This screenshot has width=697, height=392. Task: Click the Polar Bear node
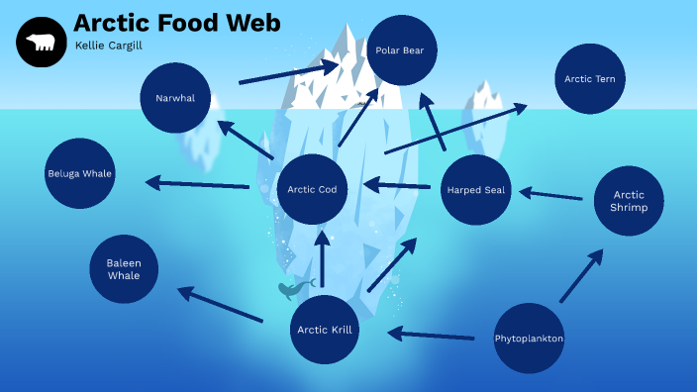point(400,50)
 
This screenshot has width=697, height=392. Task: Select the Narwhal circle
point(175,98)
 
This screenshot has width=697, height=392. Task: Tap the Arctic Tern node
point(590,79)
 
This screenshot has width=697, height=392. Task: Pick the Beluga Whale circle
point(80,174)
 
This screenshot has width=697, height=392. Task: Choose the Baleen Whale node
point(124,269)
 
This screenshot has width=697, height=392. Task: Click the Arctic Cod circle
point(312,190)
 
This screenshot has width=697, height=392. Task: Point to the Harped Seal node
point(476,190)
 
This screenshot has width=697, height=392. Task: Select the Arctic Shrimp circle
point(629,201)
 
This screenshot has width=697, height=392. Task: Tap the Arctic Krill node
point(325,330)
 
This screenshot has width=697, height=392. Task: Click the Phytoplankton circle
point(529,339)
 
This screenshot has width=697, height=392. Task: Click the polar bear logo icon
point(41,43)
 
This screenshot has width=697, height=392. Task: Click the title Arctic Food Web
point(176,23)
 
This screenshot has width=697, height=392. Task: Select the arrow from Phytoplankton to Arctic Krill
point(431,335)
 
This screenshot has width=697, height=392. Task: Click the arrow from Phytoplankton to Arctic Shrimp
point(581,276)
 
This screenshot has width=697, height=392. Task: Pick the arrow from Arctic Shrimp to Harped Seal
point(551,195)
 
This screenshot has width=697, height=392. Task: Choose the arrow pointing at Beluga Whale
point(197,183)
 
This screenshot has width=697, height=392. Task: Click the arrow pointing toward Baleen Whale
point(220,305)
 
